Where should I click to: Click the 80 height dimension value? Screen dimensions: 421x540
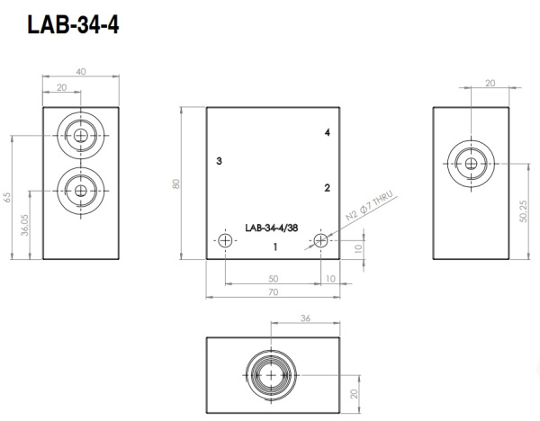tap(177, 184)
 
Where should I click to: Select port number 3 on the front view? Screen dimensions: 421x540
tap(219, 161)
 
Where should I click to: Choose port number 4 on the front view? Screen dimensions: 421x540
tap(328, 133)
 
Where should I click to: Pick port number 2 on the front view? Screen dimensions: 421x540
tap(328, 188)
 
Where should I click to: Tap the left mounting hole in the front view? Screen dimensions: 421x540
tap(225, 240)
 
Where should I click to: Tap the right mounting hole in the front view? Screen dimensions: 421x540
tap(321, 240)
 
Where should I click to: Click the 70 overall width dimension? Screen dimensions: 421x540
tap(273, 292)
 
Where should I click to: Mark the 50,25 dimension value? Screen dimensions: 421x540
tap(523, 213)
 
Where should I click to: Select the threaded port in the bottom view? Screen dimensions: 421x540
tap(271, 374)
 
